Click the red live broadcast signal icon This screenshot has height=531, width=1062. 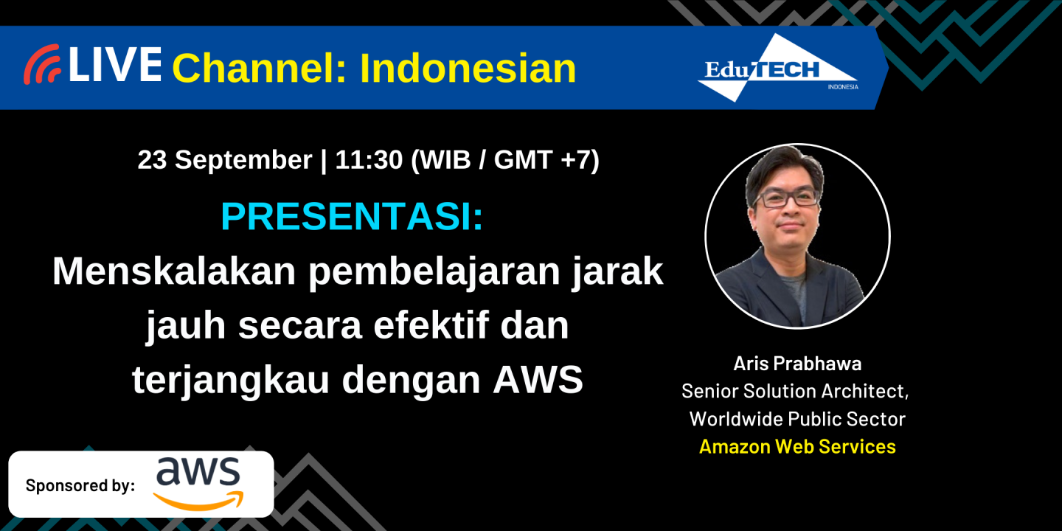[x=41, y=65]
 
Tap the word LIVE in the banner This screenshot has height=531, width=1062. [x=115, y=65]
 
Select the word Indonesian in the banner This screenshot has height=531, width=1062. [x=468, y=69]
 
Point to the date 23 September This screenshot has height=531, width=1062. [x=224, y=160]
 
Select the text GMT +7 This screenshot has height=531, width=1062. [x=541, y=160]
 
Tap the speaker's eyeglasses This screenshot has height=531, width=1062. [x=788, y=198]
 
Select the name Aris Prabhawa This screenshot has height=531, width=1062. [x=797, y=364]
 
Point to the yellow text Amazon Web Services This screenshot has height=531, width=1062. [x=797, y=446]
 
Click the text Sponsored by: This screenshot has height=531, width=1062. [x=80, y=485]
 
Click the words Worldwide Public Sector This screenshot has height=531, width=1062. [x=797, y=419]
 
